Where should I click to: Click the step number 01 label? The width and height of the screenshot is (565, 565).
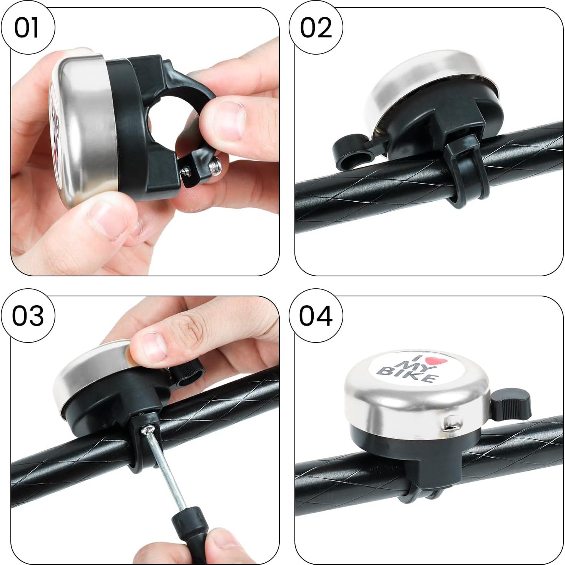[27, 28]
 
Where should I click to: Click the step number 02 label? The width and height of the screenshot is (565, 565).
[316, 28]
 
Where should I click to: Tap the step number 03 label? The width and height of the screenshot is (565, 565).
[27, 316]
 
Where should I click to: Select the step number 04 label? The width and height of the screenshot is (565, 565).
[316, 316]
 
